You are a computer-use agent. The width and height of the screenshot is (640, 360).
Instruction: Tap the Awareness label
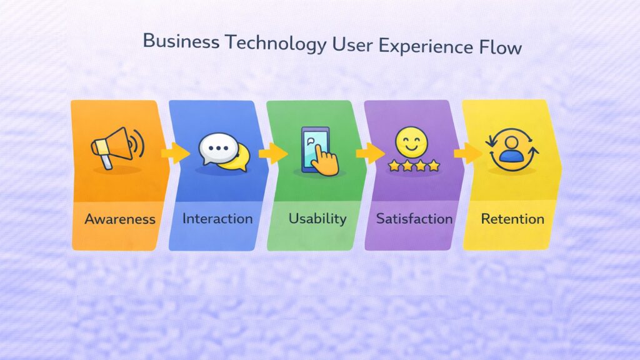coord(120,219)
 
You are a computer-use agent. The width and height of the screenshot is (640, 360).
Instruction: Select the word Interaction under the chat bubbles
coord(217,219)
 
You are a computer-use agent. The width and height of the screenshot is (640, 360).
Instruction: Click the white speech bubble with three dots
coord(219,147)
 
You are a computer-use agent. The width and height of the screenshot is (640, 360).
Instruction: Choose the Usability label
coord(317,219)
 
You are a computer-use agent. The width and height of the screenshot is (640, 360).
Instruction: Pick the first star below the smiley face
coord(392,166)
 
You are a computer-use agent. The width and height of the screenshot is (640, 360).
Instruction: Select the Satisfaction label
coord(414,219)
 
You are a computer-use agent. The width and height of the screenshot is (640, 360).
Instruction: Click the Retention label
coord(512,219)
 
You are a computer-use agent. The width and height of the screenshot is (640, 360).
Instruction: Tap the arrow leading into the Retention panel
coord(467,152)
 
